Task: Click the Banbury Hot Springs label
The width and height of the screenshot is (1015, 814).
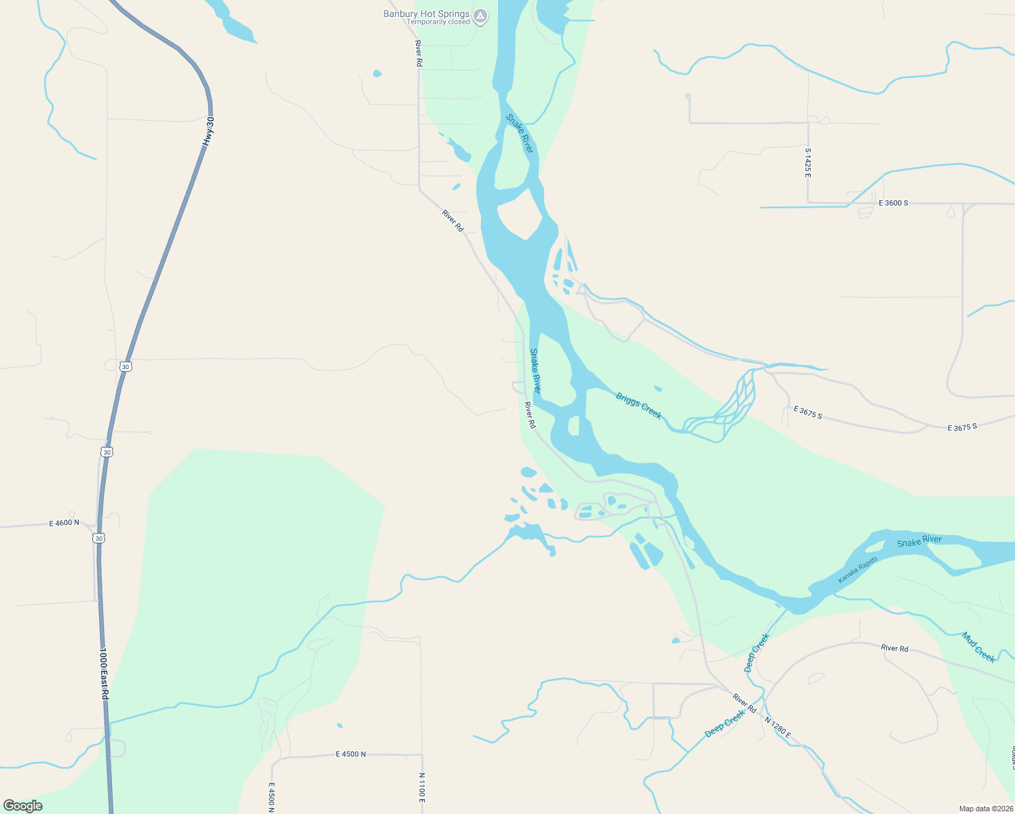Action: click(426, 14)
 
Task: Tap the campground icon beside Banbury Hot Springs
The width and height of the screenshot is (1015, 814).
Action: click(480, 16)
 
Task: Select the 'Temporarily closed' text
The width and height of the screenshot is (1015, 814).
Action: click(438, 22)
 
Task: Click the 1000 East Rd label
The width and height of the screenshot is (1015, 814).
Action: click(104, 674)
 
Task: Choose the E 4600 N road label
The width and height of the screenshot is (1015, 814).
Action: click(64, 523)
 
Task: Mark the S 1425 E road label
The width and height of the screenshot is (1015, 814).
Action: click(808, 163)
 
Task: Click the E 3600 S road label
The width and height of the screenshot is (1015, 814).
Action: click(893, 203)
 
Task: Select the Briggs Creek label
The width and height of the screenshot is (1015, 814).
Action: click(638, 406)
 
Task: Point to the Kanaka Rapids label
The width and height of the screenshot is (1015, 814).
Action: click(858, 570)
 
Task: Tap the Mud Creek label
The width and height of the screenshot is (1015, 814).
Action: click(978, 647)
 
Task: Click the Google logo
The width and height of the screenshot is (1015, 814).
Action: click(23, 806)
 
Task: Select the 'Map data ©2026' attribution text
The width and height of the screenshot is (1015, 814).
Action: click(986, 809)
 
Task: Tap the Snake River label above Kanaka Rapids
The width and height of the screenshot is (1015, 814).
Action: click(919, 541)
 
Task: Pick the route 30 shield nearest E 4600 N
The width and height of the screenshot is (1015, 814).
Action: click(100, 538)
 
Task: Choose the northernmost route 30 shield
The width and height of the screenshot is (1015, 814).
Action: click(125, 366)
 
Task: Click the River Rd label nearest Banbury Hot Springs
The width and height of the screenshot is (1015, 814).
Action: click(419, 53)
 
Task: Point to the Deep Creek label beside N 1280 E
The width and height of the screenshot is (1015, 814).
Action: click(725, 724)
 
